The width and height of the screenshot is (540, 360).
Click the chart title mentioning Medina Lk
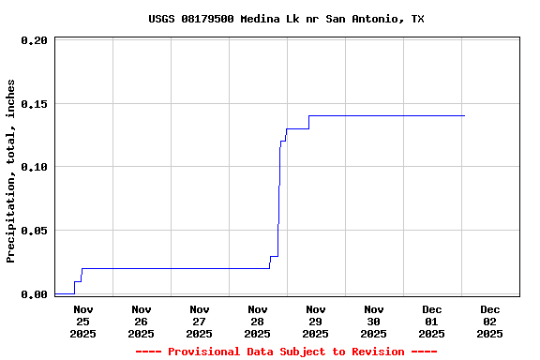click(286, 19)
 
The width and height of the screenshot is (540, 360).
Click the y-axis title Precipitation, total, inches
click(11, 171)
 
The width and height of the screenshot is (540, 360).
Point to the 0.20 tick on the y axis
click(34, 40)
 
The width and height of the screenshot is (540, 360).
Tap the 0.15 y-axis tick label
click(34, 104)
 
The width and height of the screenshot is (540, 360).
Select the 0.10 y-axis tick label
click(34, 167)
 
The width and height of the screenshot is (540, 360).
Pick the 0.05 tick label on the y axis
click(34, 231)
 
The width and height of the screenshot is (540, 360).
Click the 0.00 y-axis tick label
click(34, 294)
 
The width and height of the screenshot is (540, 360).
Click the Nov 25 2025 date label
click(83, 321)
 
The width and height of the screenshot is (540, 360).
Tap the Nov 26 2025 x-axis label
click(142, 321)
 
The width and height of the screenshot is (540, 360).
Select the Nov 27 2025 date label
click(200, 321)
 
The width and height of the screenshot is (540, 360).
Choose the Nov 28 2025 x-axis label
click(258, 321)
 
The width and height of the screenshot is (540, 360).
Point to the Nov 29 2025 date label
click(316, 321)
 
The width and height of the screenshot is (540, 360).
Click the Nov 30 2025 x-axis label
click(374, 321)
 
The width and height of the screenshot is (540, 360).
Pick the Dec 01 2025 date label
click(432, 321)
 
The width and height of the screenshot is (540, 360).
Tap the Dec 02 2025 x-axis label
click(490, 321)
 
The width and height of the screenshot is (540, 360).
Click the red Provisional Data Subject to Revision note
click(286, 352)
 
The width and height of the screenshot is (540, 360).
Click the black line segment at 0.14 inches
click(384, 115)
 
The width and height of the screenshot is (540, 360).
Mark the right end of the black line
click(464, 115)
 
